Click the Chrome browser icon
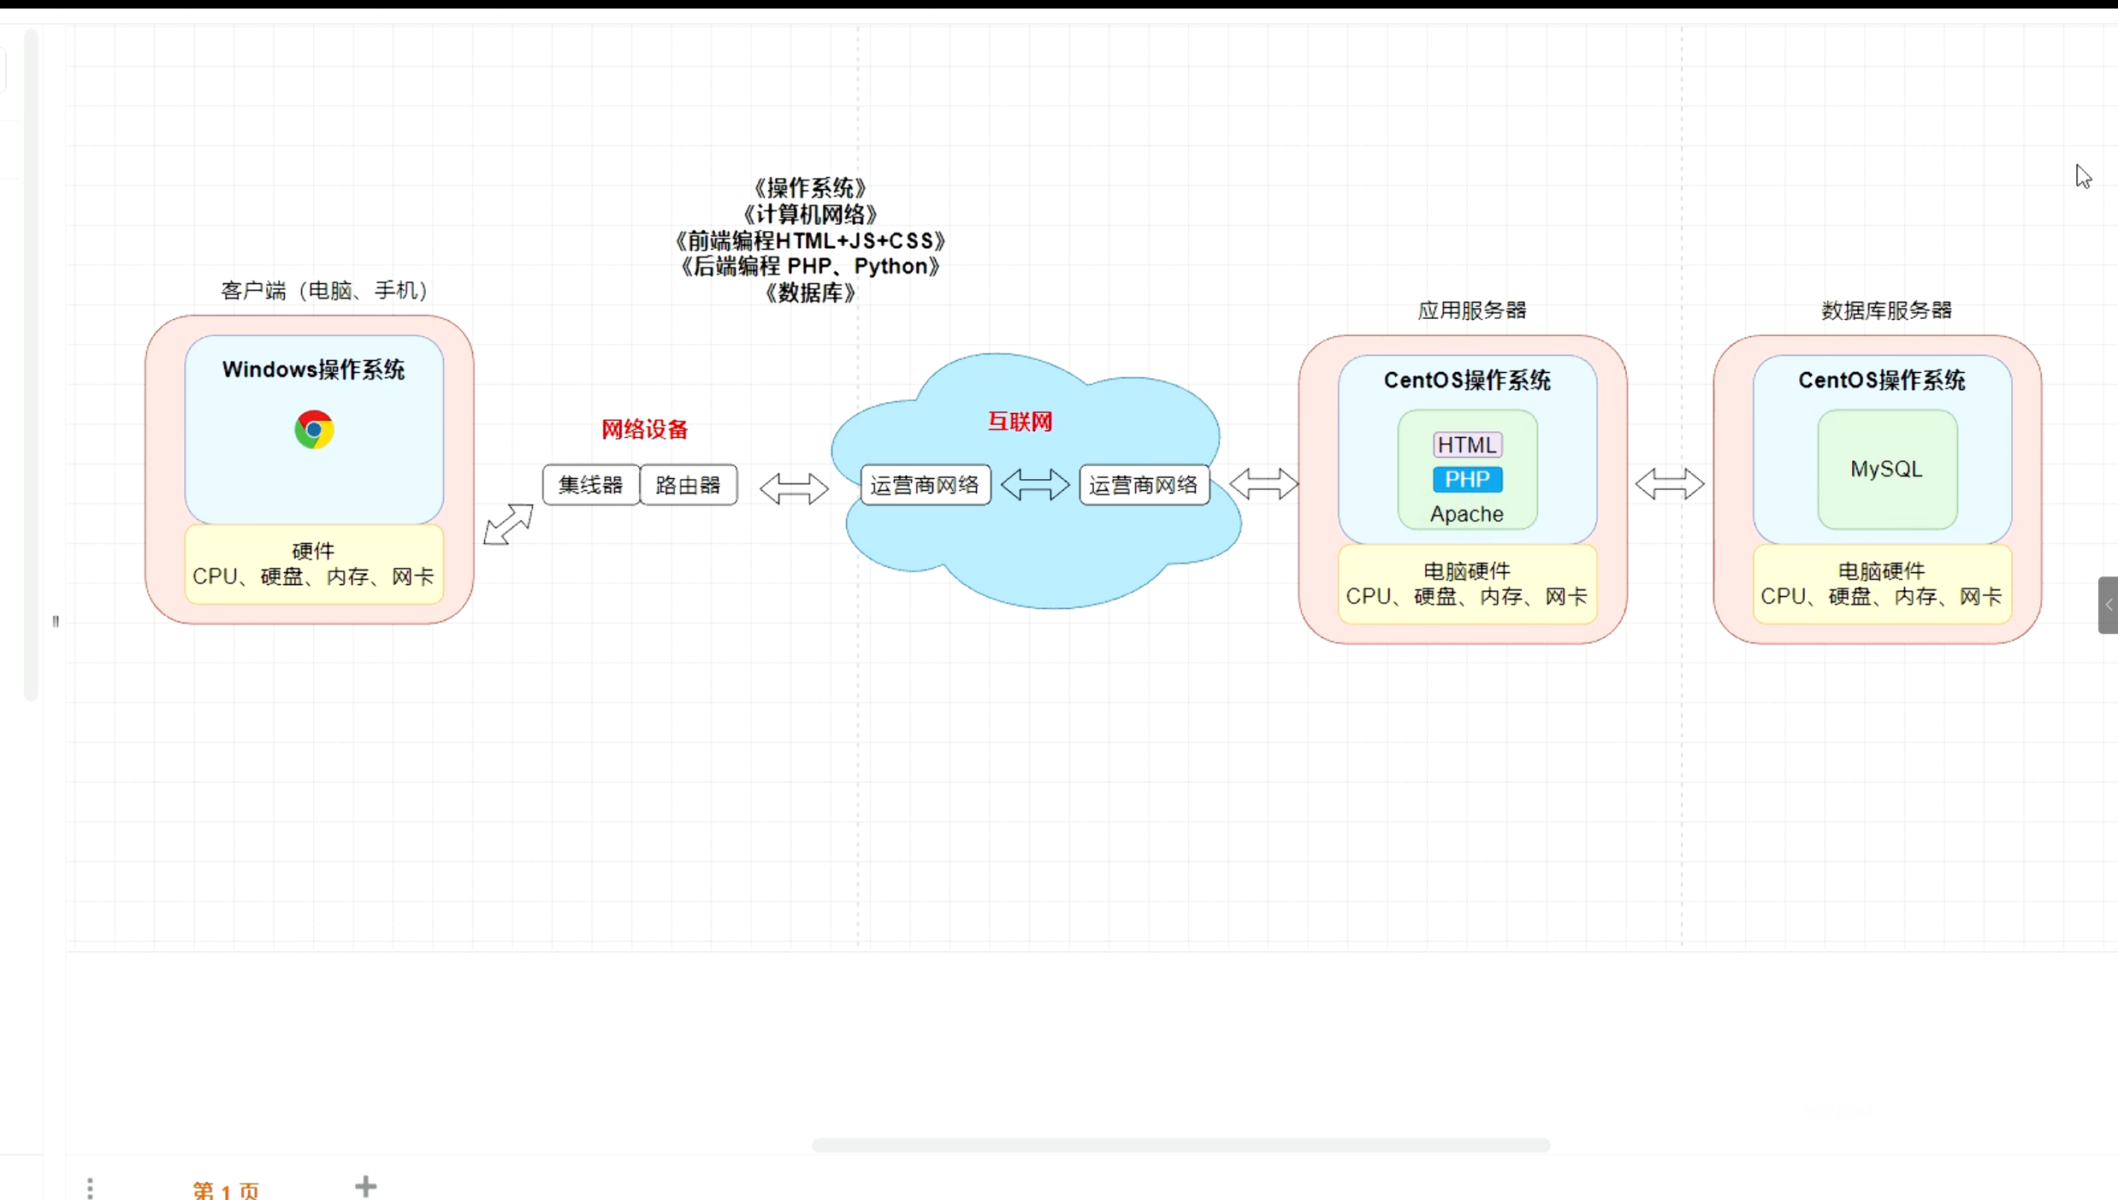[x=314, y=429]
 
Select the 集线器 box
[x=590, y=485]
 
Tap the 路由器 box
[x=689, y=485]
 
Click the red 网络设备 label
[x=644, y=429]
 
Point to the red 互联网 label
[x=1020, y=422]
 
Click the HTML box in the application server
[x=1467, y=445]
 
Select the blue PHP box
[x=1467, y=479]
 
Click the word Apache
[x=1467, y=514]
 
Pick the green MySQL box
[x=1887, y=470]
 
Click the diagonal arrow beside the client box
[x=508, y=523]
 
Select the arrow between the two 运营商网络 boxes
[x=1035, y=484]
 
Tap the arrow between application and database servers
[x=1670, y=484]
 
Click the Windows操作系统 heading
[x=313, y=369]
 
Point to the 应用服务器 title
[x=1472, y=310]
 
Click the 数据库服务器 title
[x=1886, y=310]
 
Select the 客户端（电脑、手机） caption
[x=324, y=291]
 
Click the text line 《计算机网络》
[x=810, y=214]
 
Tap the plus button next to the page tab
[x=365, y=1186]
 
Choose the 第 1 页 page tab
[x=226, y=1190]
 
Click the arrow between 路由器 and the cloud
[x=794, y=488]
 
